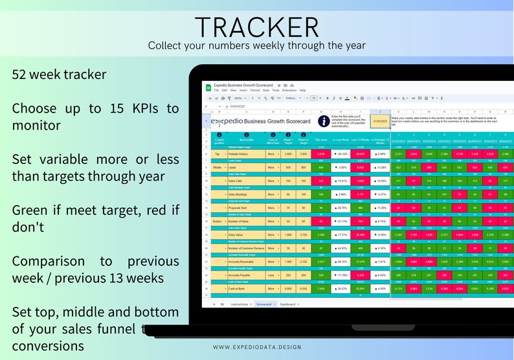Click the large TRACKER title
[x=257, y=27]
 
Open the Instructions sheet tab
[x=238, y=304]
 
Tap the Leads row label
[x=236, y=167]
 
